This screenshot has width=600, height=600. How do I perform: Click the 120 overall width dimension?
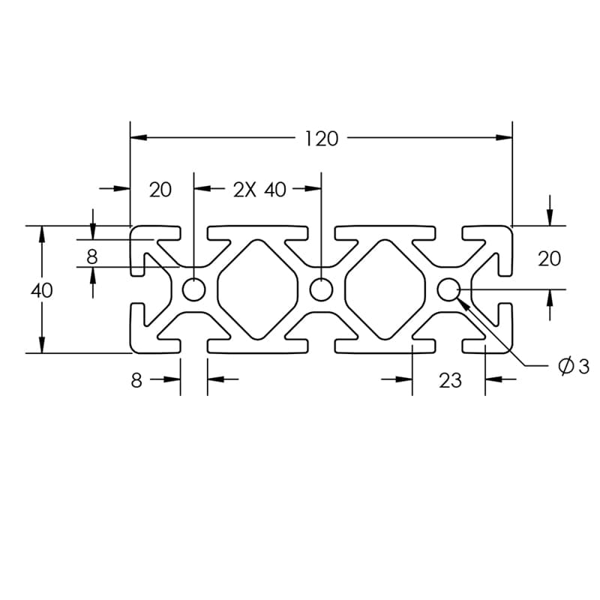pos(322,139)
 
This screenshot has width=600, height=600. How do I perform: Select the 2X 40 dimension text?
pos(259,190)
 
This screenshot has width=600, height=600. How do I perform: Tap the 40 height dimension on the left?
pos(42,290)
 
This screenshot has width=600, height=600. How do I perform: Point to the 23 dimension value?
pos(450,380)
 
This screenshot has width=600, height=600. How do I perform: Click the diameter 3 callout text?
pos(575,366)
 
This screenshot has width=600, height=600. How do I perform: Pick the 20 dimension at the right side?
pos(549,259)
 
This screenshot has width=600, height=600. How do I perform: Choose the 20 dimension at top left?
pos(160,190)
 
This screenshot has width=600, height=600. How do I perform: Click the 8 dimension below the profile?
pos(136,380)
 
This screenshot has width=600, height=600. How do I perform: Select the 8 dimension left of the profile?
pos(91,256)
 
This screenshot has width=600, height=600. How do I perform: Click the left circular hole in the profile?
pos(195,289)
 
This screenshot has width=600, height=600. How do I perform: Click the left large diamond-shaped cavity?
pos(258,289)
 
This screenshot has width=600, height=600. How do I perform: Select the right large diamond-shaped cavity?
pos(385,289)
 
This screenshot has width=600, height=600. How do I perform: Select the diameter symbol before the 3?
pos(565,366)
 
